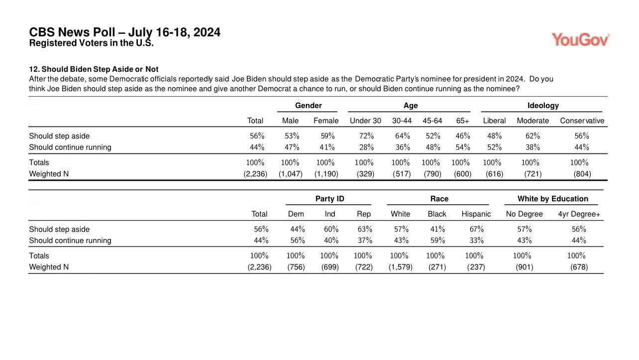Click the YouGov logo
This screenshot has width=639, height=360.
[580, 40]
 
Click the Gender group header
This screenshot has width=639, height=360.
[309, 106]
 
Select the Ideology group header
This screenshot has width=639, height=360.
[543, 106]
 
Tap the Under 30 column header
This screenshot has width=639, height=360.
[365, 121]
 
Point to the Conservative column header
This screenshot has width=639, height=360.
[582, 121]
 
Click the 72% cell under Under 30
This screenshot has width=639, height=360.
[366, 136]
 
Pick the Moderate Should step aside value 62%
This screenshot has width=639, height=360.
[532, 136]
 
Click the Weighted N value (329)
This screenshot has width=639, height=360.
[365, 174]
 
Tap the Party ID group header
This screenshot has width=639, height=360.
[330, 199]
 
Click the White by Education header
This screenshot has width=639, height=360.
[553, 199]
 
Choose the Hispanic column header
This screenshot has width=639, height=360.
[476, 214]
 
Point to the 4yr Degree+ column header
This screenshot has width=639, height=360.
[579, 214]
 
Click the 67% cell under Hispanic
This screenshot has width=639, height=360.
[476, 229]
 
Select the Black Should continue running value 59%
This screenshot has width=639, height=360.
[437, 240]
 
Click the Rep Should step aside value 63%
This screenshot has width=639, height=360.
[365, 229]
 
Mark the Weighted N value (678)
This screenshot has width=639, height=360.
[579, 267]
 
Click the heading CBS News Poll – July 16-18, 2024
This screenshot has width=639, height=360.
[124, 32]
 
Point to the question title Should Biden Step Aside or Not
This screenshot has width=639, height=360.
[100, 69]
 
